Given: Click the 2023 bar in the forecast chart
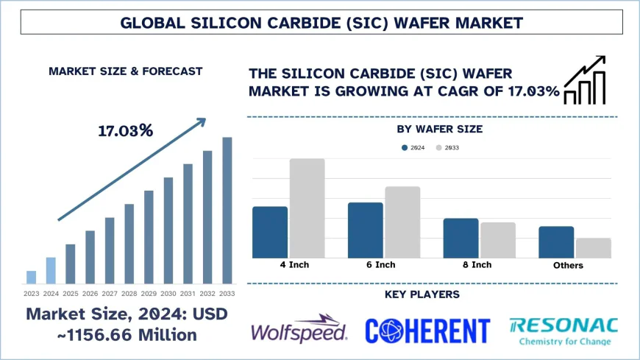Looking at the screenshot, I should (x=31, y=277).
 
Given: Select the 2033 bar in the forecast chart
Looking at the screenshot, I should (x=227, y=211).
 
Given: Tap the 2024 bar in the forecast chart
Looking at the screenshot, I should (x=51, y=270).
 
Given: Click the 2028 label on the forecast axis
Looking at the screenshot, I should (x=129, y=293).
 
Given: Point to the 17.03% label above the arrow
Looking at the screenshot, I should (x=125, y=131).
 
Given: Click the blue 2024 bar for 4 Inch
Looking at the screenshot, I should (x=270, y=232).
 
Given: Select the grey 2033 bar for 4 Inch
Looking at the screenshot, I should (x=307, y=208).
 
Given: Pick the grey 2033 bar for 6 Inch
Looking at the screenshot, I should (x=402, y=222).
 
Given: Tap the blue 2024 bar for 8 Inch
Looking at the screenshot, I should (x=461, y=238).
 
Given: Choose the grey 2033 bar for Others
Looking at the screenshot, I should (x=593, y=247).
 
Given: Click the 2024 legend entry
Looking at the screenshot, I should (x=413, y=148).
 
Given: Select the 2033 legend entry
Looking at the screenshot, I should (x=447, y=148).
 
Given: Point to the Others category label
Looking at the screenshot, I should (x=567, y=266).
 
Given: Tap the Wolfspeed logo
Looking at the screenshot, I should (x=299, y=329).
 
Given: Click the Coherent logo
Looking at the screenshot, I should (x=427, y=330).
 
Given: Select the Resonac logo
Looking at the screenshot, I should (x=563, y=330).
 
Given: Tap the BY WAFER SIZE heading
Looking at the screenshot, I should (x=439, y=129).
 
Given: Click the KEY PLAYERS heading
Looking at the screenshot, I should (x=422, y=294).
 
